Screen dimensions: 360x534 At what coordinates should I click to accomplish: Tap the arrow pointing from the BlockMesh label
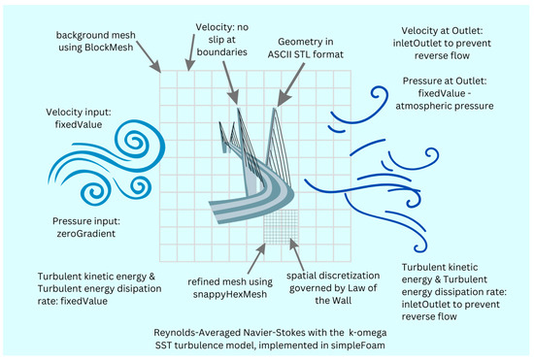[136, 59]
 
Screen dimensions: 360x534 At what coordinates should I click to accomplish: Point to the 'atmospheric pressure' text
[438, 101]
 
